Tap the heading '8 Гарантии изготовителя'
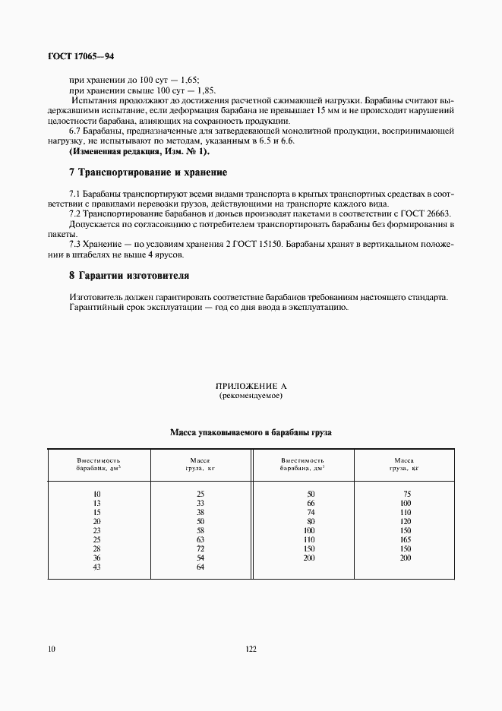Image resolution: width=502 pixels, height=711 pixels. [x=129, y=275]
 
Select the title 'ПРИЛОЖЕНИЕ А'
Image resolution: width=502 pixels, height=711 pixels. [x=251, y=387]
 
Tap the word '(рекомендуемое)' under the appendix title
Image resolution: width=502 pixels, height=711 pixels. [x=251, y=397]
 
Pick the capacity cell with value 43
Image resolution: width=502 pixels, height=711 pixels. [x=96, y=567]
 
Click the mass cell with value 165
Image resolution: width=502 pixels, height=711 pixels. [x=405, y=539]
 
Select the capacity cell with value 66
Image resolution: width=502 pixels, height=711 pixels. [x=310, y=503]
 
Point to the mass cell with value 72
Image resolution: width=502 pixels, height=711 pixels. [x=200, y=548]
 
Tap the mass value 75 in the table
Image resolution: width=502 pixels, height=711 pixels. [x=406, y=495]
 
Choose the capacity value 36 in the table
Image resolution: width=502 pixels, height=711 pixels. [x=96, y=558]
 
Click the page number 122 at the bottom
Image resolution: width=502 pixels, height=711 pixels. [x=251, y=649]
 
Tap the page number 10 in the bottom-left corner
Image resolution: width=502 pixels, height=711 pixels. [x=51, y=649]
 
